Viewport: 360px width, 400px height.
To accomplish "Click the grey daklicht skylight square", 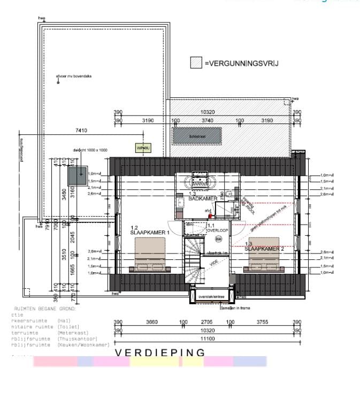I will pyautogui.click(x=78, y=174).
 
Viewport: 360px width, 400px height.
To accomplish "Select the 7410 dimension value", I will pyautogui.click(x=81, y=130).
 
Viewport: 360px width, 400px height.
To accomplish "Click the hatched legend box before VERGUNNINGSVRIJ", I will pyautogui.click(x=196, y=63).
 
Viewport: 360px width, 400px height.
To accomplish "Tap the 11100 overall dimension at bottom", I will pyautogui.click(x=207, y=339).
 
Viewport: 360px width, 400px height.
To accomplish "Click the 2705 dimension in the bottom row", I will pyautogui.click(x=206, y=322).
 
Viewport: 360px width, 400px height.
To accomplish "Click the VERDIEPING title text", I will pyautogui.click(x=160, y=352).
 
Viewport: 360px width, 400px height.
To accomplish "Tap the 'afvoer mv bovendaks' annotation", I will pyautogui.click(x=75, y=76).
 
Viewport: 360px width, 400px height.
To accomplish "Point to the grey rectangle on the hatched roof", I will pyautogui.click(x=197, y=136).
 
